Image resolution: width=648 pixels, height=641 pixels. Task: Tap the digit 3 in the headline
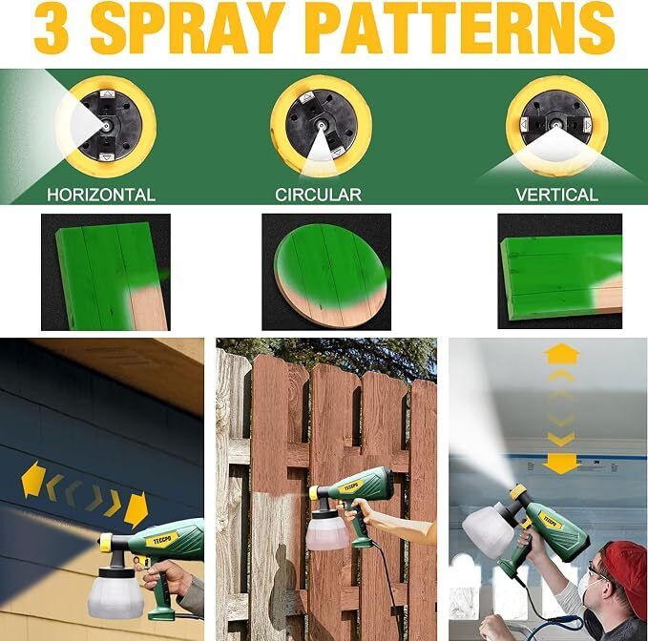[51, 28]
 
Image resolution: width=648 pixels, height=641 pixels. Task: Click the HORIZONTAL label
[101, 195]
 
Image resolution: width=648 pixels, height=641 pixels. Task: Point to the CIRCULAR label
[318, 195]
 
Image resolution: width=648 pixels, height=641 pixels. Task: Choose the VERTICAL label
[556, 195]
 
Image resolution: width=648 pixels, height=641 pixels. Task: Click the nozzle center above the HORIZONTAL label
[107, 125]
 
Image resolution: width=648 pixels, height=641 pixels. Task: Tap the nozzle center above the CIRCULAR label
[321, 124]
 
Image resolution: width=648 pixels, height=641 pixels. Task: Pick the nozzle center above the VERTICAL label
[555, 123]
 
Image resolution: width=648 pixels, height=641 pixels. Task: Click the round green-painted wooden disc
[330, 275]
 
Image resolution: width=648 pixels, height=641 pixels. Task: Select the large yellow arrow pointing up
[561, 355]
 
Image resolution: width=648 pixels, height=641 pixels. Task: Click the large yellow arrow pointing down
[561, 465]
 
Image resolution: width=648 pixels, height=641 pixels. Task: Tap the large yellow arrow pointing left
[32, 478]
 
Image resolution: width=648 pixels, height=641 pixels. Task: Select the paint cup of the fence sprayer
[327, 529]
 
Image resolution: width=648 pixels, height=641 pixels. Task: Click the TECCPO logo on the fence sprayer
[351, 487]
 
